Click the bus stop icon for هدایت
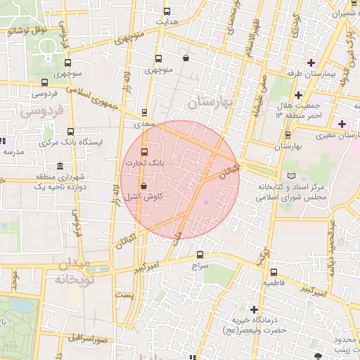167,11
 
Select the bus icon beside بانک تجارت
145,152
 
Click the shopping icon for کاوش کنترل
144,186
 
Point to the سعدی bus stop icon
145,112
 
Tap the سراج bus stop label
200,267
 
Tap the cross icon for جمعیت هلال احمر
298,95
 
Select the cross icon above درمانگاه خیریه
254,309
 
